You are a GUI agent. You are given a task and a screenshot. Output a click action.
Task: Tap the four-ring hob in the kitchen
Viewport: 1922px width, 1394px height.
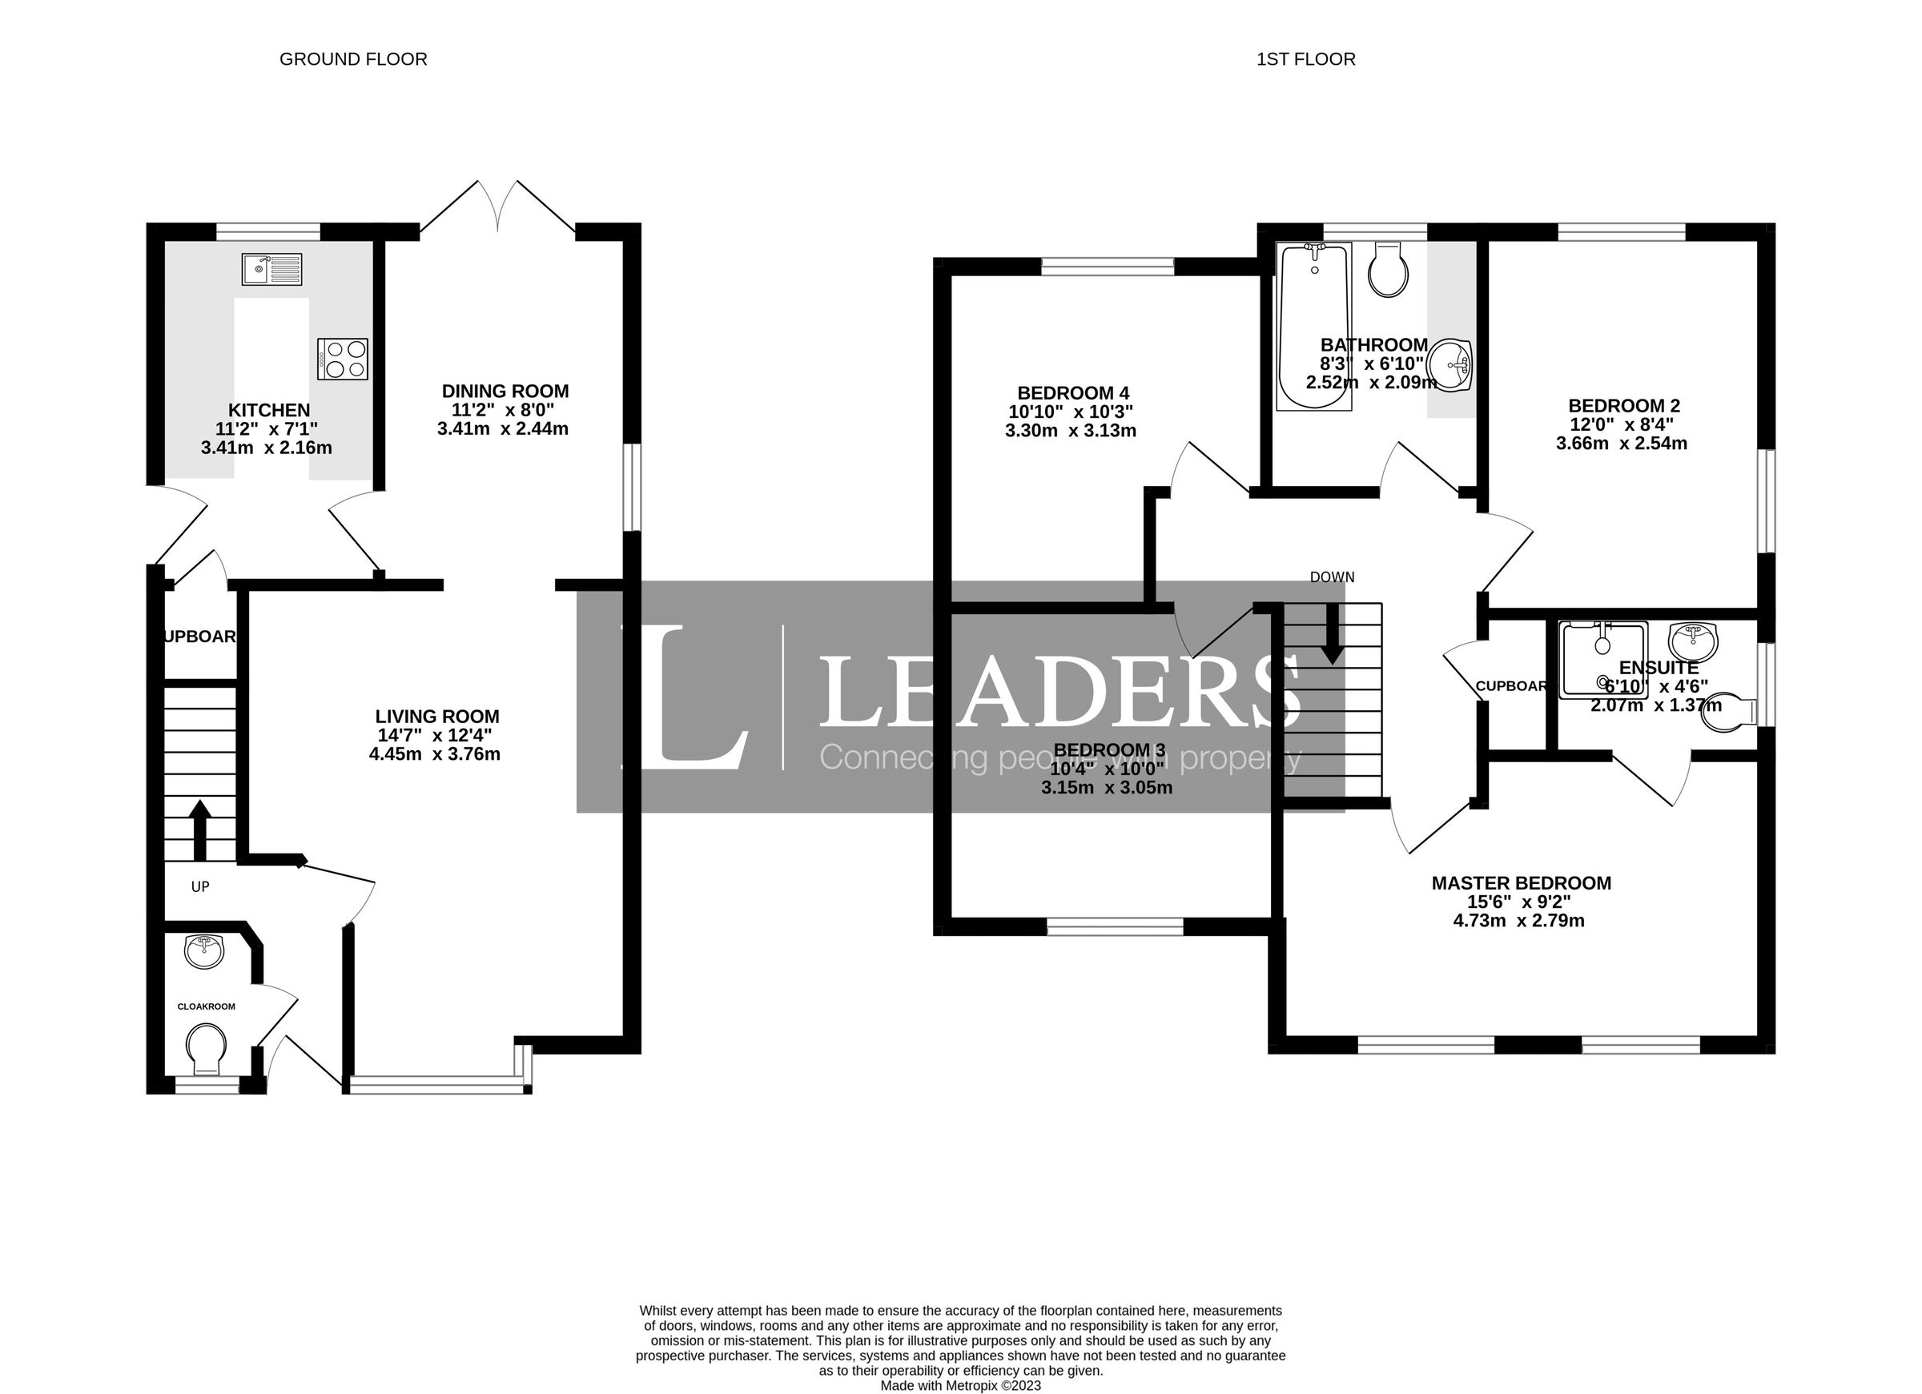point(343,359)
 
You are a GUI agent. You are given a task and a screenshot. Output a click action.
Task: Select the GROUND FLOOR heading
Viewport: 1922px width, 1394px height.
point(352,59)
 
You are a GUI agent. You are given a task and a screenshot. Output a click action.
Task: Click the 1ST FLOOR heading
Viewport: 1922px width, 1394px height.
point(1305,59)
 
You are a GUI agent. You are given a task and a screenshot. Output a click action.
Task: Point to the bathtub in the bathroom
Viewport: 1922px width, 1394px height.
point(1313,326)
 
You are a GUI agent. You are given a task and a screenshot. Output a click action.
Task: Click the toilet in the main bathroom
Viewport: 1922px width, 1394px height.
point(1388,270)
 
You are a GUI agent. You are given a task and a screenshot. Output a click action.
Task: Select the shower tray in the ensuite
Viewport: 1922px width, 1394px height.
point(1602,658)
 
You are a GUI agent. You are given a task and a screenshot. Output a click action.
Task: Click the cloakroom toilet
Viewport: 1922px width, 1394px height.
point(207,1049)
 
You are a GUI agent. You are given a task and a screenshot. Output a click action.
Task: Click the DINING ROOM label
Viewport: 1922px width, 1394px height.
point(505,392)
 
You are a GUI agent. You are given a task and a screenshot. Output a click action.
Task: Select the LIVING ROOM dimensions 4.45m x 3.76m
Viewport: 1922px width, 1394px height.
point(435,754)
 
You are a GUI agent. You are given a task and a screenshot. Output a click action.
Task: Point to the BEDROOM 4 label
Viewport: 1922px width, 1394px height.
point(1073,393)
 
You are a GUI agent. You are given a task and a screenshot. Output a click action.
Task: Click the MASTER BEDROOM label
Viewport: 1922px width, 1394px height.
point(1521,883)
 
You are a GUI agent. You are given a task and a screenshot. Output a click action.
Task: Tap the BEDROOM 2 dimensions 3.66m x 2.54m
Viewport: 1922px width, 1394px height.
point(1621,444)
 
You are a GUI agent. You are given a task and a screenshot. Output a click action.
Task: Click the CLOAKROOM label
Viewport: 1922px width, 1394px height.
point(206,1006)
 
